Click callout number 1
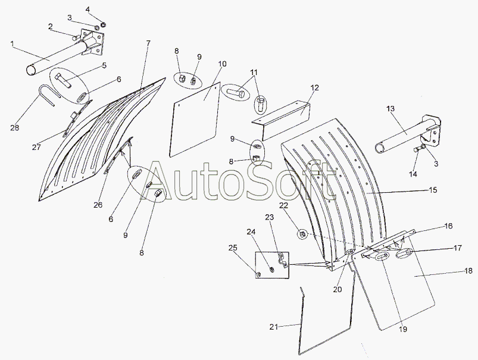coord(11,43)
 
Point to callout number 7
coord(148,43)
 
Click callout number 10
coord(221,63)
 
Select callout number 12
coord(314,88)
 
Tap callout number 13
coord(390,108)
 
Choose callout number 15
coord(433,190)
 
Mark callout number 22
coord(283,205)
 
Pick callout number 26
coord(98,205)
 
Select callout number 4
coord(88,10)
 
